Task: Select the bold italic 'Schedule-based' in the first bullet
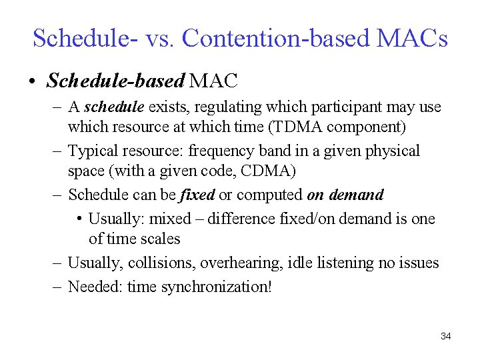tap(115, 81)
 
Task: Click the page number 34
tap(446, 336)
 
